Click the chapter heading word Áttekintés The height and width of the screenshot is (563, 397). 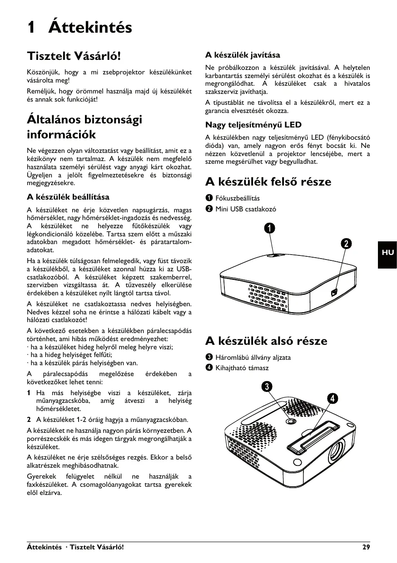tap(90, 27)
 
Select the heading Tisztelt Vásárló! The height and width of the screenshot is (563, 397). tap(74, 56)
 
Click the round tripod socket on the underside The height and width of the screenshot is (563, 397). tap(291, 421)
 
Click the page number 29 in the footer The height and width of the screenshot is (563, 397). tap(366, 547)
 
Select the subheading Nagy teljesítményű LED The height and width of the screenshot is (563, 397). tap(253, 125)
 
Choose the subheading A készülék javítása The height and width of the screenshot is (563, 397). tap(243, 55)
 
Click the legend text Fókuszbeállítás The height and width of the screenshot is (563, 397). tap(238, 198)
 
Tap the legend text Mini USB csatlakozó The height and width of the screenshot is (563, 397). tap(245, 209)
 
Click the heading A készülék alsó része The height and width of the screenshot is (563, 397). tap(266, 341)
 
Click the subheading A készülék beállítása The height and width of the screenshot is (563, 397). tap(68, 197)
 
